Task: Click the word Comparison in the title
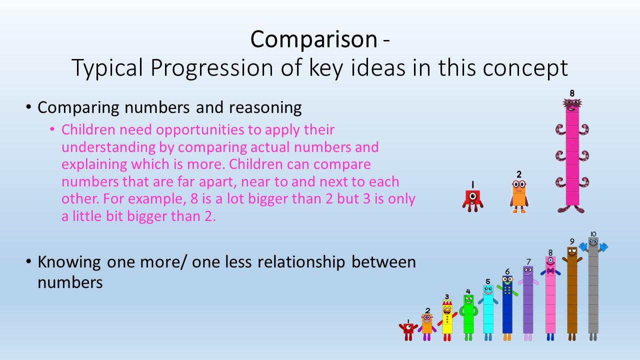[x=313, y=39]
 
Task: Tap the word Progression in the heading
[x=211, y=68]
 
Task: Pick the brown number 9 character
[x=572, y=293]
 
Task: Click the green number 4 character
[x=468, y=317]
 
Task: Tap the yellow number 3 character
[x=447, y=320]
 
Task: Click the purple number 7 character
[x=528, y=303]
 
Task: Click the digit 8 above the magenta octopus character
[x=571, y=93]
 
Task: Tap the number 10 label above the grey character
[x=593, y=234]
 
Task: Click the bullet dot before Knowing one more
[x=28, y=261]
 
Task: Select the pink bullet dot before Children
[x=52, y=129]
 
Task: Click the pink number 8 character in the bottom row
[x=550, y=298]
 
